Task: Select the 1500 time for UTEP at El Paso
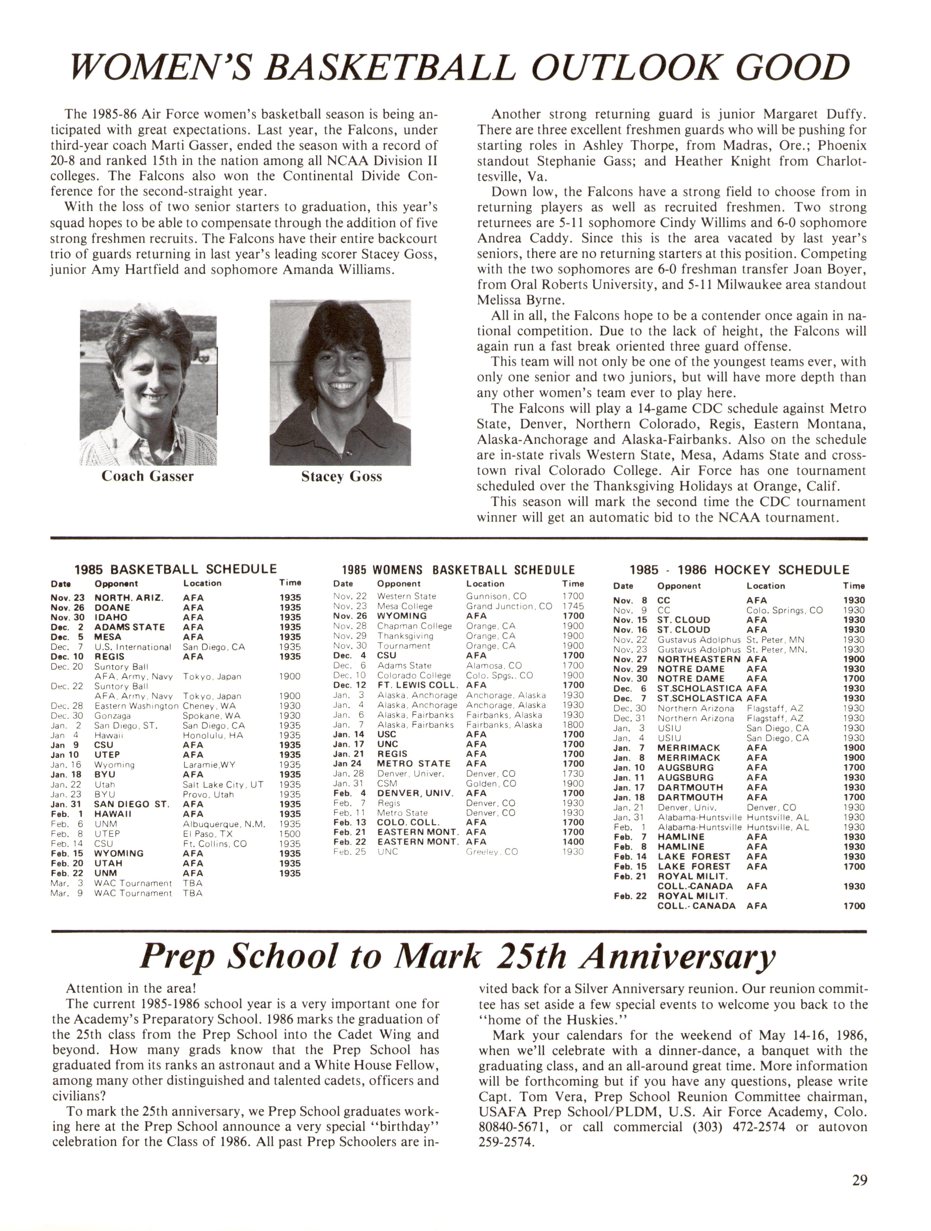290,834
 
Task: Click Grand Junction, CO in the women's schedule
509,606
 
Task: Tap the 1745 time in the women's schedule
573,606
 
